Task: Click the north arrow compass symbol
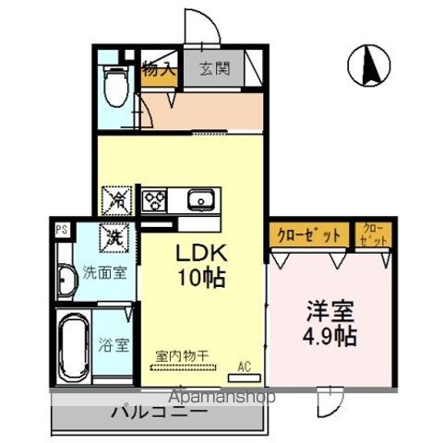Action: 367,66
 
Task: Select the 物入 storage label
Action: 160,67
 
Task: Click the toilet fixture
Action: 116,85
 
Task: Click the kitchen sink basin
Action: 200,199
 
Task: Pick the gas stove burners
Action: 154,199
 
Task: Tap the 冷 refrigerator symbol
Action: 118,198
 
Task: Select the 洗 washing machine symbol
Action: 114,237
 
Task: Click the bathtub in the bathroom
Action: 73,348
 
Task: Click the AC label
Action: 245,365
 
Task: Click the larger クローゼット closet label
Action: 309,235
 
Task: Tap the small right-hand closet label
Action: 374,234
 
